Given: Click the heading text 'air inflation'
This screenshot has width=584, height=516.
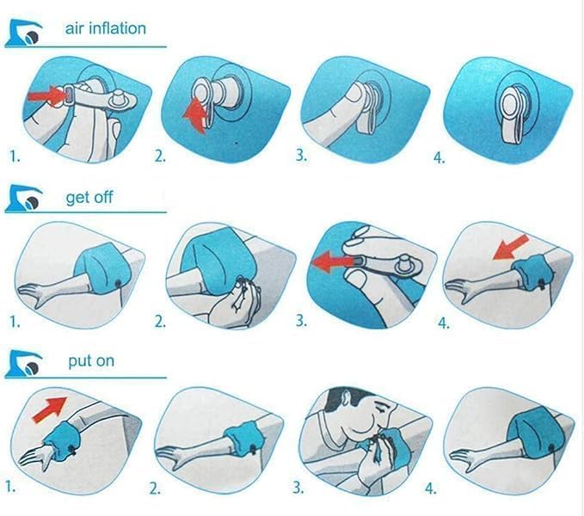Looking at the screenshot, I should pyautogui.click(x=106, y=28).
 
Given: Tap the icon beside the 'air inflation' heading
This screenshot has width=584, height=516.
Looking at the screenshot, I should pyautogui.click(x=25, y=34).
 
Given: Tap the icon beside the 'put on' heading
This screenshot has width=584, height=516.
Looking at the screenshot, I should pyautogui.click(x=25, y=366).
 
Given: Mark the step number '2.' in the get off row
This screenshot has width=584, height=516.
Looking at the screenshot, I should pyautogui.click(x=160, y=322).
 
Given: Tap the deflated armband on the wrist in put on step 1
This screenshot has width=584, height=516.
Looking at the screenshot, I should pyautogui.click(x=63, y=437).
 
